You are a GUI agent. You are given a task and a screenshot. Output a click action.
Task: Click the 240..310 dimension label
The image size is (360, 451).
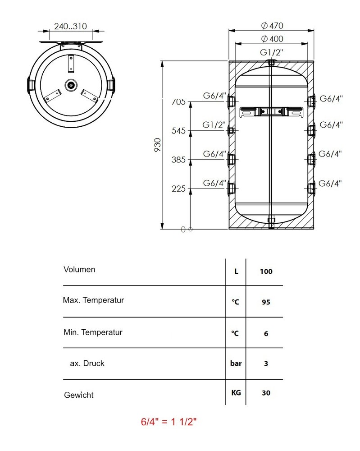tap(70, 26)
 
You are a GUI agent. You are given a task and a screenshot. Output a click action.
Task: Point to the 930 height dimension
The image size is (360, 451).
tap(158, 145)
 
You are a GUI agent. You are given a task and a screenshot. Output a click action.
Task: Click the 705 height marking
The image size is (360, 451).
tap(179, 102)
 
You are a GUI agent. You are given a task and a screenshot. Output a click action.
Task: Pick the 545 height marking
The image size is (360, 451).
tap(179, 131)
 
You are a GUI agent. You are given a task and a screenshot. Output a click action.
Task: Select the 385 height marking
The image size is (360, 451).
tap(179, 160)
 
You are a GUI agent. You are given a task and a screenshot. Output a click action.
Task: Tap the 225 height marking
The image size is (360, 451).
tap(179, 189)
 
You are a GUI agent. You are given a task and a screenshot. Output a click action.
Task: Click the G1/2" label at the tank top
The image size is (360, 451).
tap(271, 52)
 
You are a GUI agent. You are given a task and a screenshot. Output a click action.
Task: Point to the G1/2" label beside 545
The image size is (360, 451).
tap(214, 125)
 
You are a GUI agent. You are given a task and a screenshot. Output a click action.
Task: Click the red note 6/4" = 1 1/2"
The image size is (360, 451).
tap(169, 422)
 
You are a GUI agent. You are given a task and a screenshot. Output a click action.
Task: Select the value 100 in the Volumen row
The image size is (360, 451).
tap(266, 272)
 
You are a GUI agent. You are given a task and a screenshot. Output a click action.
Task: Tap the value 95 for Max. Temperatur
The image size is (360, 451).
tap(266, 302)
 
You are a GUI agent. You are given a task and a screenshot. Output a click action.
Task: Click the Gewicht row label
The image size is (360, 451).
tap(79, 395)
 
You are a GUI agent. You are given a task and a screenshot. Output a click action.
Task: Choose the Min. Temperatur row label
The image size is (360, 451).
tap(93, 332)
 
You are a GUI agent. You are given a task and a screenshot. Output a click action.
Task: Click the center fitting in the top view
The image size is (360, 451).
tap(71, 84)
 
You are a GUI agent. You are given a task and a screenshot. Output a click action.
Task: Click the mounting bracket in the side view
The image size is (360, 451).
tap(271, 111)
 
